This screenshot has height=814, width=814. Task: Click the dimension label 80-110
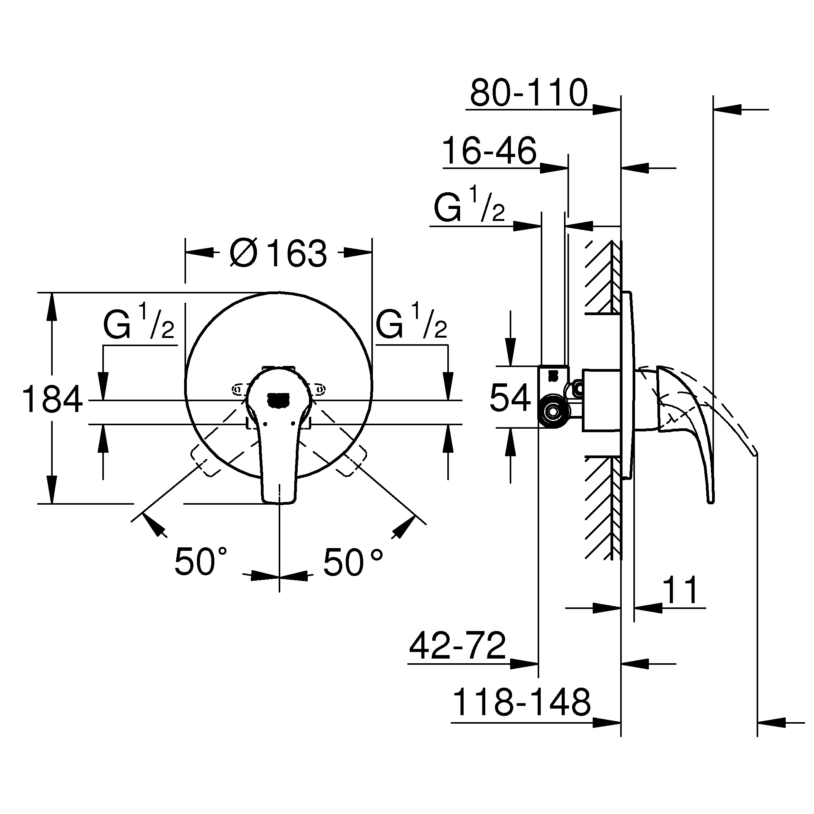pyautogui.click(x=528, y=93)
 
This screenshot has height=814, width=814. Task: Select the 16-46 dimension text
pyautogui.click(x=489, y=151)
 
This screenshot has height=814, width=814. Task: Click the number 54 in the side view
pyautogui.click(x=510, y=397)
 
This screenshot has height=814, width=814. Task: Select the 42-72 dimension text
pyautogui.click(x=457, y=646)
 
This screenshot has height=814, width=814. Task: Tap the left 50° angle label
pyautogui.click(x=200, y=561)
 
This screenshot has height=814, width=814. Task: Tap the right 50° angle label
pyautogui.click(x=353, y=561)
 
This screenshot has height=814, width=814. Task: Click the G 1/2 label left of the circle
pyautogui.click(x=139, y=325)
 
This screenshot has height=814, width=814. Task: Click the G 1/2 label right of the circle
pyautogui.click(x=411, y=325)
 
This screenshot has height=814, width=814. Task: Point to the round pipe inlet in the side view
pyautogui.click(x=552, y=411)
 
